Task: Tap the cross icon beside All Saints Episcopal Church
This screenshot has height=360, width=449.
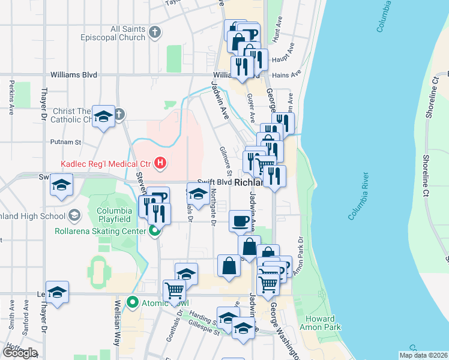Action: tap(155, 32)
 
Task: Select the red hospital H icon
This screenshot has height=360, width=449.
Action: tap(160, 163)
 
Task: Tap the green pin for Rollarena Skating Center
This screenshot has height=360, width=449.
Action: tap(155, 231)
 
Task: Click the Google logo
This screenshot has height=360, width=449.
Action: tap(19, 352)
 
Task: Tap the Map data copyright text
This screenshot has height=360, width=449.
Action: tap(423, 355)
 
